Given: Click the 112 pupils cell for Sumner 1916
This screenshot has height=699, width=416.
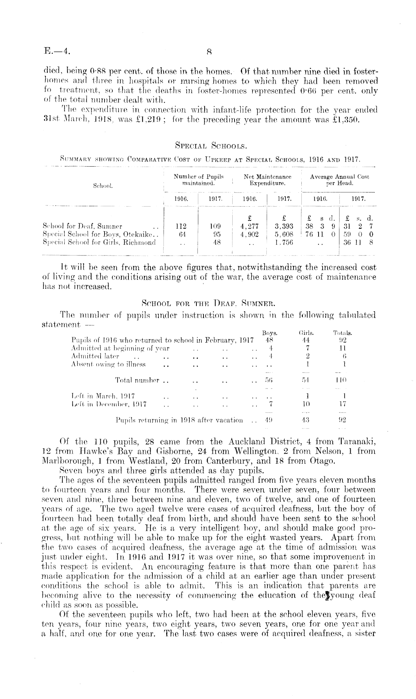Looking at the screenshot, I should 181,226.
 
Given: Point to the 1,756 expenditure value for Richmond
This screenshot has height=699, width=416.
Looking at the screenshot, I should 284,242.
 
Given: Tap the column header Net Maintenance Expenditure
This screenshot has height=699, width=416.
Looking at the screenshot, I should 267,180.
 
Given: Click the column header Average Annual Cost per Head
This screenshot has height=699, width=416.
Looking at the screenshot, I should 339,180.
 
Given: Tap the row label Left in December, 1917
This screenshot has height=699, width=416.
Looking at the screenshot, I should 109,404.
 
